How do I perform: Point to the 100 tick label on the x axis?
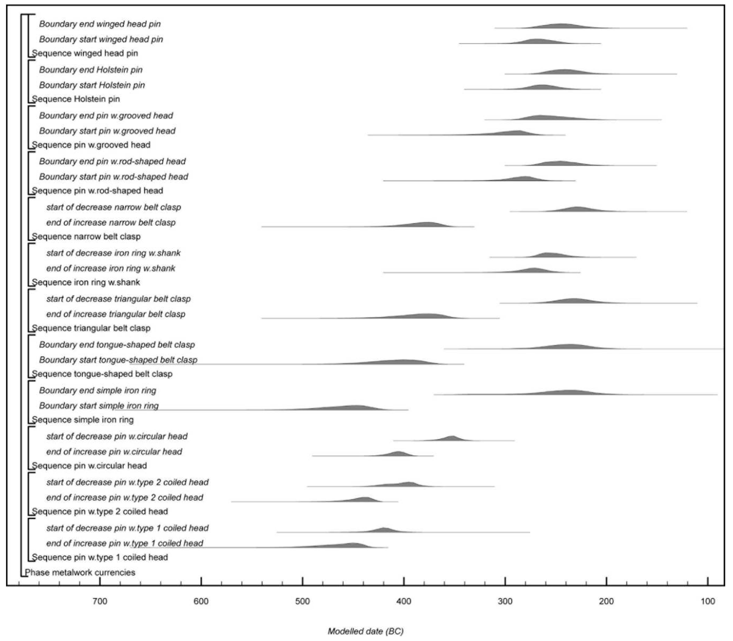[708, 601]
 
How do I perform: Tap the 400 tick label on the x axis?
[404, 601]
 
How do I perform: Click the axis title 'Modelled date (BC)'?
[366, 631]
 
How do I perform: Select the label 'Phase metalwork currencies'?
[80, 572]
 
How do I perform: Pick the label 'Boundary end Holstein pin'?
[91, 70]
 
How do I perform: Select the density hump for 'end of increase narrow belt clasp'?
[428, 225]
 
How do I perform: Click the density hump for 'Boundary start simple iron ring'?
[356, 408]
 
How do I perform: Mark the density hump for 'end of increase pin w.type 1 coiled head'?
[352, 545]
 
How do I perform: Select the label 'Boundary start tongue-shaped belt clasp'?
[118, 360]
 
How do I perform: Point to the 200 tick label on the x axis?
[606, 601]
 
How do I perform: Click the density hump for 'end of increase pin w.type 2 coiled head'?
[365, 499]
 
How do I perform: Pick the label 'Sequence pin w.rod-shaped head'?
[97, 191]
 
